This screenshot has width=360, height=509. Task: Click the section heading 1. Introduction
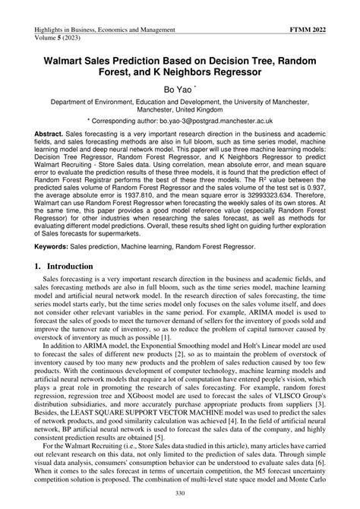[63, 289]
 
